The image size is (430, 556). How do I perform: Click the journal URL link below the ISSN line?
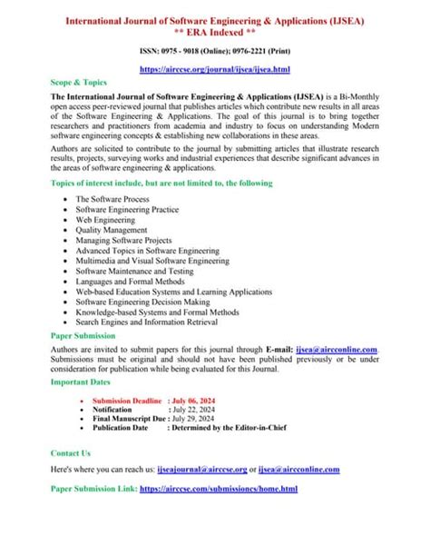pyautogui.click(x=214, y=69)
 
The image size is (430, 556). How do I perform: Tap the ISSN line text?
pyautogui.click(x=214, y=53)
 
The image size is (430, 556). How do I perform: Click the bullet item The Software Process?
pyautogui.click(x=113, y=198)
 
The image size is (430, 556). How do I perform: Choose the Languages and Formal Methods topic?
pyautogui.click(x=130, y=282)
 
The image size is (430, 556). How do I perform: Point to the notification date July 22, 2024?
pyautogui.click(x=197, y=410)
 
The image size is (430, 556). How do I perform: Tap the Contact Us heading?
pyautogui.click(x=71, y=452)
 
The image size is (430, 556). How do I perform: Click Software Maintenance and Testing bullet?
pyautogui.click(x=133, y=271)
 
